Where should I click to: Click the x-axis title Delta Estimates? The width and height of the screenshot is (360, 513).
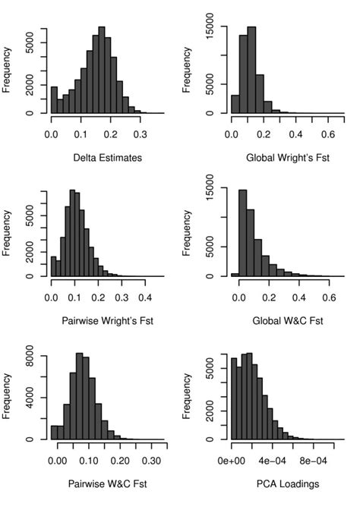[107, 158]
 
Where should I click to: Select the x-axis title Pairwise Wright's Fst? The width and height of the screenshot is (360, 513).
[107, 321]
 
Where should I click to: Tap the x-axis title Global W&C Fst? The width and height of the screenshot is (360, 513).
[287, 321]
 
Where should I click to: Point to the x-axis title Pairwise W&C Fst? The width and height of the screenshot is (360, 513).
[107, 484]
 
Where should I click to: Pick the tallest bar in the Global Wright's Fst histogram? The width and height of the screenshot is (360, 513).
[251, 72]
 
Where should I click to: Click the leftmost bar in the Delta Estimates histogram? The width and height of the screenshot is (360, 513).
[54, 100]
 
